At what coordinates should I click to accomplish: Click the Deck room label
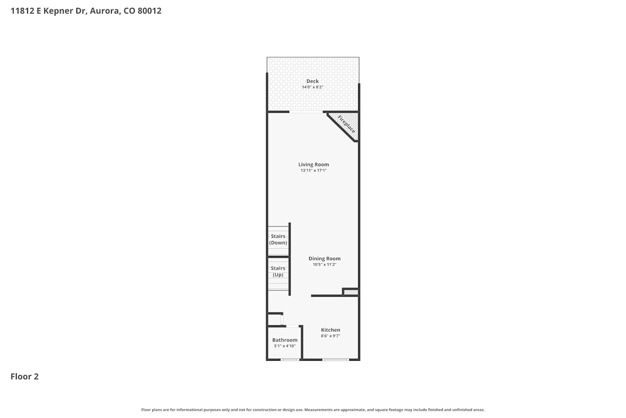click(x=313, y=81)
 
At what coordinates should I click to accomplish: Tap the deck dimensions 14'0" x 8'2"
click(x=313, y=87)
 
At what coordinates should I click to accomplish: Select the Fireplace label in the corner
click(x=346, y=124)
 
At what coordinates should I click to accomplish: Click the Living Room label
click(x=313, y=165)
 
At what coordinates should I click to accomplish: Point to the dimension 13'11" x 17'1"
click(x=313, y=171)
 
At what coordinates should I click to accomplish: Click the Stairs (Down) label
click(x=278, y=240)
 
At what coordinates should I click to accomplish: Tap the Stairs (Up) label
click(x=278, y=271)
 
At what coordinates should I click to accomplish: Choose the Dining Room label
click(x=324, y=259)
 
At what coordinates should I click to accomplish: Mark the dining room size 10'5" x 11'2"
click(x=324, y=265)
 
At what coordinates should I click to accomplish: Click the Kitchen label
click(x=331, y=330)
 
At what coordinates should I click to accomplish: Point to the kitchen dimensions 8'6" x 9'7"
click(x=331, y=336)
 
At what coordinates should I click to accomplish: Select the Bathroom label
click(x=285, y=340)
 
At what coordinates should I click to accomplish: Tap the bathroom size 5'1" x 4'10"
click(x=285, y=346)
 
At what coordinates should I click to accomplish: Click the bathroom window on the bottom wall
click(x=290, y=360)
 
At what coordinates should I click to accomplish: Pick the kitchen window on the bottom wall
click(x=336, y=360)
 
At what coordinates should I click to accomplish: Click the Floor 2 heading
click(x=25, y=377)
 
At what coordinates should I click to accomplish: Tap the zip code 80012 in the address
click(x=149, y=10)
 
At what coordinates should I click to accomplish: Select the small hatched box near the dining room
click(x=351, y=292)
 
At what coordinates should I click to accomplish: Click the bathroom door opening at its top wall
click(x=292, y=326)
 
